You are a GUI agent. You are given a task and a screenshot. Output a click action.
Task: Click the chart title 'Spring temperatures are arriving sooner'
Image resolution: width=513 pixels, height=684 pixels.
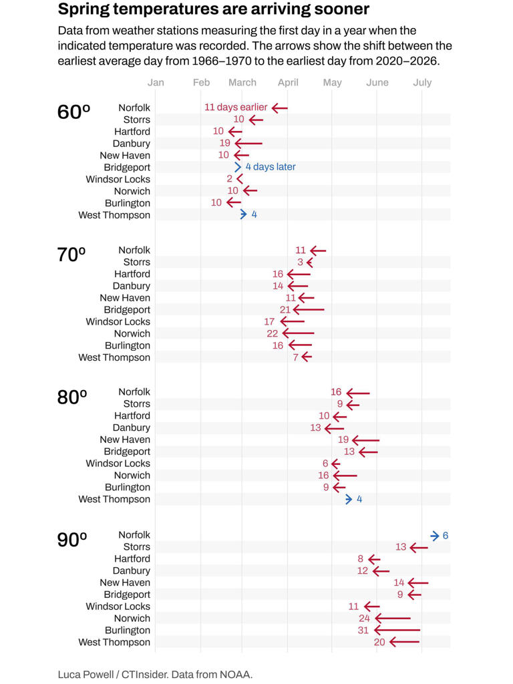pos(213,9)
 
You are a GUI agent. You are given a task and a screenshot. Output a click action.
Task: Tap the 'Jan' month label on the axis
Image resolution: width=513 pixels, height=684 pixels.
pos(156,83)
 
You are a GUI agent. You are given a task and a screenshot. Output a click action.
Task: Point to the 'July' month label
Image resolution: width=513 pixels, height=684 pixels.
pos(422,83)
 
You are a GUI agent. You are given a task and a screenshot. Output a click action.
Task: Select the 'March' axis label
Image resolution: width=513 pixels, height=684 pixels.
pos(242,83)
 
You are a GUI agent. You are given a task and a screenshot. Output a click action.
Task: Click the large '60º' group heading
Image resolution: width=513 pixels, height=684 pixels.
pos(73,112)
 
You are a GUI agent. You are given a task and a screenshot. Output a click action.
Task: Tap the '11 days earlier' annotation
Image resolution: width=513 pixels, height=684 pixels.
pos(236,107)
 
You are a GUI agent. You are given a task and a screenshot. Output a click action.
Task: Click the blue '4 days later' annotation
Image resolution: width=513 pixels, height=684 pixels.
pos(270,167)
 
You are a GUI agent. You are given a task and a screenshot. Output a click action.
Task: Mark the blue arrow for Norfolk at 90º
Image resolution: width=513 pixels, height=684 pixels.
pos(435,536)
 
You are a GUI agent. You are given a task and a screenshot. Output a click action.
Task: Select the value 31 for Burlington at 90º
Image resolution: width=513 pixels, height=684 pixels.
pos(363,631)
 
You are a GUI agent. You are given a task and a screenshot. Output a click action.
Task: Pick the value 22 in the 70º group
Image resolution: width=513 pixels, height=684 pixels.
pos(273,334)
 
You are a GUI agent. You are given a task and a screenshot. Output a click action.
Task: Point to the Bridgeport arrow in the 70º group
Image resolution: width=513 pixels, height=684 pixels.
pos(309,310)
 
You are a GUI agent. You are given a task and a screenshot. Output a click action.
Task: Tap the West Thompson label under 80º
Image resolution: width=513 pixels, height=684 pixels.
pos(114,500)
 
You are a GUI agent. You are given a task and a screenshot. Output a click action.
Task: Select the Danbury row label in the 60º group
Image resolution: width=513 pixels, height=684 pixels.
pos(132,144)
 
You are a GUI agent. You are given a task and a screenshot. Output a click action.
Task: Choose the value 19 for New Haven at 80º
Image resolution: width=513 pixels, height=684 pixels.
pos(343,440)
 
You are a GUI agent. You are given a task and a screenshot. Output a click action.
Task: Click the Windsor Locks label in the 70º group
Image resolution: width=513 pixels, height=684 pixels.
pos(118,322)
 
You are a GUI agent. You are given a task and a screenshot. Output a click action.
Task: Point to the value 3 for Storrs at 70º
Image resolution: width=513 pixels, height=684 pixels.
pos(301,263)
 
